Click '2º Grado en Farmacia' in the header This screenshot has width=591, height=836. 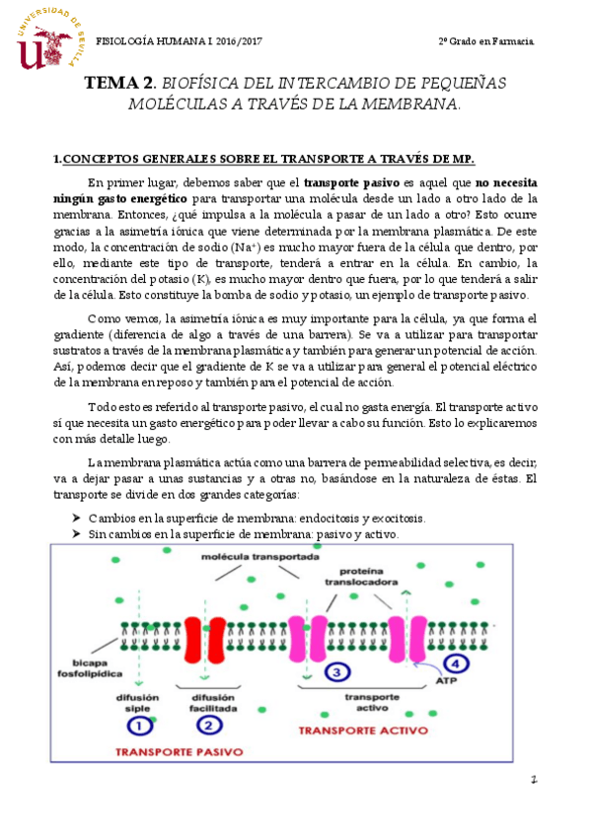487,40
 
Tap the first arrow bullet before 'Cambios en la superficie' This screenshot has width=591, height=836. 76,518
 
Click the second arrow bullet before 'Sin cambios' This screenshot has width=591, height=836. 76,533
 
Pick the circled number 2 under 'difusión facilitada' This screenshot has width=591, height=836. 207,725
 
